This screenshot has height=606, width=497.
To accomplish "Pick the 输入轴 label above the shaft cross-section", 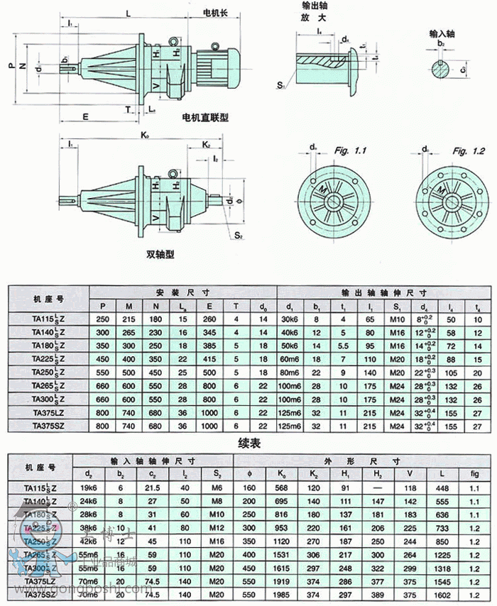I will tap(442, 33).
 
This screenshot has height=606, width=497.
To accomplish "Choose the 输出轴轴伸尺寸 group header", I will tap(383, 292).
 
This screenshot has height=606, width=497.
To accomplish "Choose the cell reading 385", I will tap(209, 346).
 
